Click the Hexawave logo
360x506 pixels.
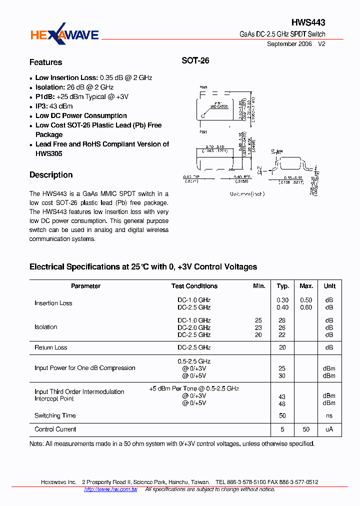pyautogui.click(x=64, y=34)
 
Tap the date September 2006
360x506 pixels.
pyautogui.click(x=289, y=44)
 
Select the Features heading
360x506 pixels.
pyautogui.click(x=45, y=62)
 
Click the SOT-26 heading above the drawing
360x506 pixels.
pyautogui.click(x=195, y=61)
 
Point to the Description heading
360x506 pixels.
pyautogui.click(x=51, y=175)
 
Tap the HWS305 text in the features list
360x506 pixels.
pyautogui.click(x=48, y=153)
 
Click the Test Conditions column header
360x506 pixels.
pyautogui.click(x=194, y=286)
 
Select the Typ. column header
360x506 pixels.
pyautogui.click(x=283, y=286)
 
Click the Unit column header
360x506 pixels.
pyautogui.click(x=329, y=286)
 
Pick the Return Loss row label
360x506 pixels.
pyautogui.click(x=50, y=347)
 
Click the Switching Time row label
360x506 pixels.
pyautogui.click(x=55, y=415)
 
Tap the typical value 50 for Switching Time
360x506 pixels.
pyautogui.click(x=282, y=415)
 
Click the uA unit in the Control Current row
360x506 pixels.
pyautogui.click(x=329, y=429)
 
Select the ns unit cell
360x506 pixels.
pyautogui.click(x=329, y=415)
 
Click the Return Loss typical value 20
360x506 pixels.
pyautogui.click(x=282, y=347)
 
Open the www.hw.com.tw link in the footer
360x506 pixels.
pyautogui.click(x=110, y=489)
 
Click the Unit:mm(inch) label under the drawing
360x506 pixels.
pyautogui.click(x=247, y=194)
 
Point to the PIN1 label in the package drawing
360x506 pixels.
pyautogui.click(x=203, y=132)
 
